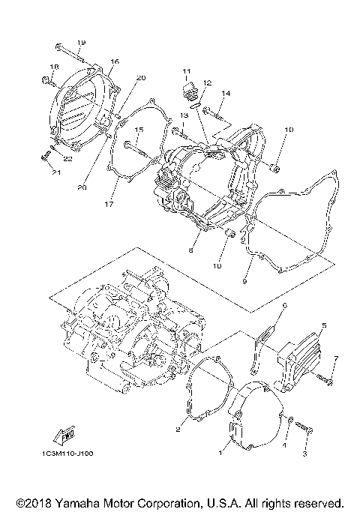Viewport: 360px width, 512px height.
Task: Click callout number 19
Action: (x=81, y=42)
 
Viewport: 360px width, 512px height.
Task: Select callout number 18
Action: (x=53, y=67)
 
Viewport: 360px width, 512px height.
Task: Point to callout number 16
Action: (x=115, y=61)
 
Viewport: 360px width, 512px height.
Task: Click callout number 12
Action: (x=207, y=82)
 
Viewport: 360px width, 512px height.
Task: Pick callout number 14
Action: (x=225, y=93)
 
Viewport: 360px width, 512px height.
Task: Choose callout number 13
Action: (x=183, y=115)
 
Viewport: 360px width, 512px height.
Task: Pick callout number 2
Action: (x=178, y=430)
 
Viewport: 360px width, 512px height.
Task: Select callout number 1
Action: (x=220, y=453)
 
